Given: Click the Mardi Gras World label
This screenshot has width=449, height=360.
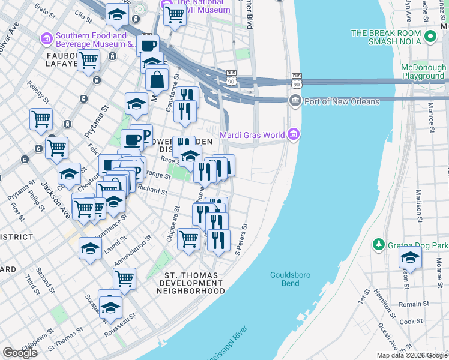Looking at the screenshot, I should point(252,134).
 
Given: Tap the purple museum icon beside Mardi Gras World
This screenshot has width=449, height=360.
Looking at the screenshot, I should point(293,134).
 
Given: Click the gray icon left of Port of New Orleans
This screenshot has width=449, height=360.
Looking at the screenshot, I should point(295,100).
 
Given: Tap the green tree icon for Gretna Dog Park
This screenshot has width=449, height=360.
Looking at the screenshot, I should point(378,244).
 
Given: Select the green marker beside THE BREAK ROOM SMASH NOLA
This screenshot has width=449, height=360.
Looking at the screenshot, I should point(429,37).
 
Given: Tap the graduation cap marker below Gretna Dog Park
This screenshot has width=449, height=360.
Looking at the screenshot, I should point(410,258).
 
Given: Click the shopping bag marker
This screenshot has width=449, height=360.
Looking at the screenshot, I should point(157,79).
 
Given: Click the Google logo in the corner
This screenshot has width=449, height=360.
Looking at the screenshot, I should point(20,353).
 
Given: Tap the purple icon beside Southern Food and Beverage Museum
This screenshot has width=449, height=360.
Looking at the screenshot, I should point(47,40).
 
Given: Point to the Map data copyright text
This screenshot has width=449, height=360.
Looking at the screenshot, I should point(411,355).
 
